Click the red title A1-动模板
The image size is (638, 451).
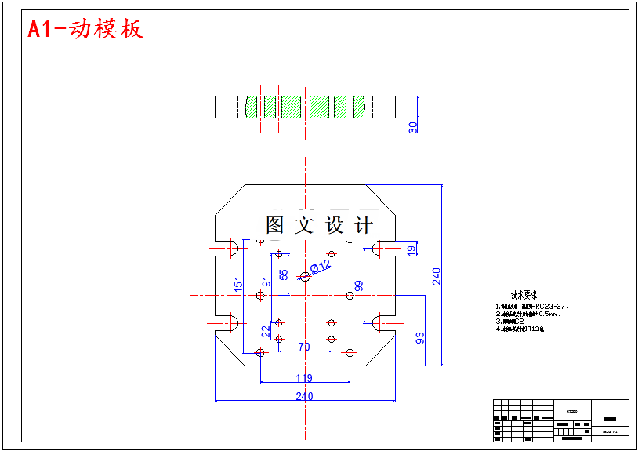click(x=85, y=30)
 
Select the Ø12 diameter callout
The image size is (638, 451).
click(x=321, y=267)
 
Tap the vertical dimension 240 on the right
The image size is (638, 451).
click(x=437, y=275)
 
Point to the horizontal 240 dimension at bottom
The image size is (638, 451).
click(x=304, y=396)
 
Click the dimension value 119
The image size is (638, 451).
click(x=304, y=378)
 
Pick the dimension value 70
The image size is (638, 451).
click(x=304, y=346)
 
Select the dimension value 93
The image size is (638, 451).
click(x=420, y=338)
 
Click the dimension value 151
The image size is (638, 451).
click(x=238, y=286)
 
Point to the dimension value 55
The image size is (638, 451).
click(x=284, y=276)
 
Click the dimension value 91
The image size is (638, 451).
click(x=266, y=283)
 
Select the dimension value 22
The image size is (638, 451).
click(x=266, y=331)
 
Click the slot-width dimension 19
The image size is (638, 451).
click(x=411, y=249)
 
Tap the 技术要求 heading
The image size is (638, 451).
click(x=524, y=296)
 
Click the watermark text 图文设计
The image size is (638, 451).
click(x=319, y=226)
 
